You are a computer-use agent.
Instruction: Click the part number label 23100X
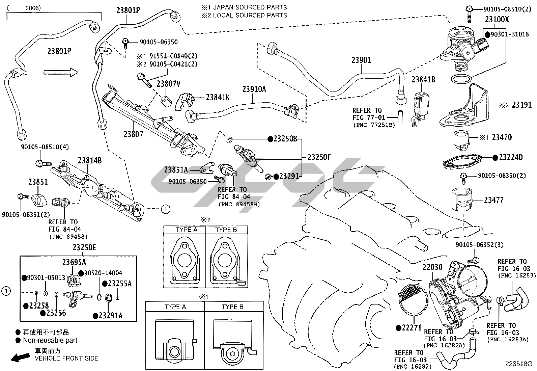click(x=497, y=20)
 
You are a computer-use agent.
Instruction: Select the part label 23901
click(x=361, y=60)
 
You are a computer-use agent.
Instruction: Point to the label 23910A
click(x=254, y=89)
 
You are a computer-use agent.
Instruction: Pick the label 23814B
click(x=90, y=160)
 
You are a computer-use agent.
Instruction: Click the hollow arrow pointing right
click(x=61, y=72)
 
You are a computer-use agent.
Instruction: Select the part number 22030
click(x=432, y=267)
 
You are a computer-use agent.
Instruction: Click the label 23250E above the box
click(x=84, y=248)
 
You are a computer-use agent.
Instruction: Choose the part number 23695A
click(x=74, y=262)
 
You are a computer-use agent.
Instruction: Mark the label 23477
click(x=493, y=200)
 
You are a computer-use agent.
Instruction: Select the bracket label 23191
click(x=521, y=105)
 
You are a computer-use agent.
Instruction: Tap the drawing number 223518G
click(x=518, y=364)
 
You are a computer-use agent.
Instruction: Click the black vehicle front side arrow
click(x=20, y=357)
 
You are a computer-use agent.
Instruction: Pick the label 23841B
click(x=423, y=80)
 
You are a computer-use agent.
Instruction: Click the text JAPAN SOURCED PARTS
click(x=250, y=7)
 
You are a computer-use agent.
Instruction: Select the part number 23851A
click(x=176, y=170)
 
